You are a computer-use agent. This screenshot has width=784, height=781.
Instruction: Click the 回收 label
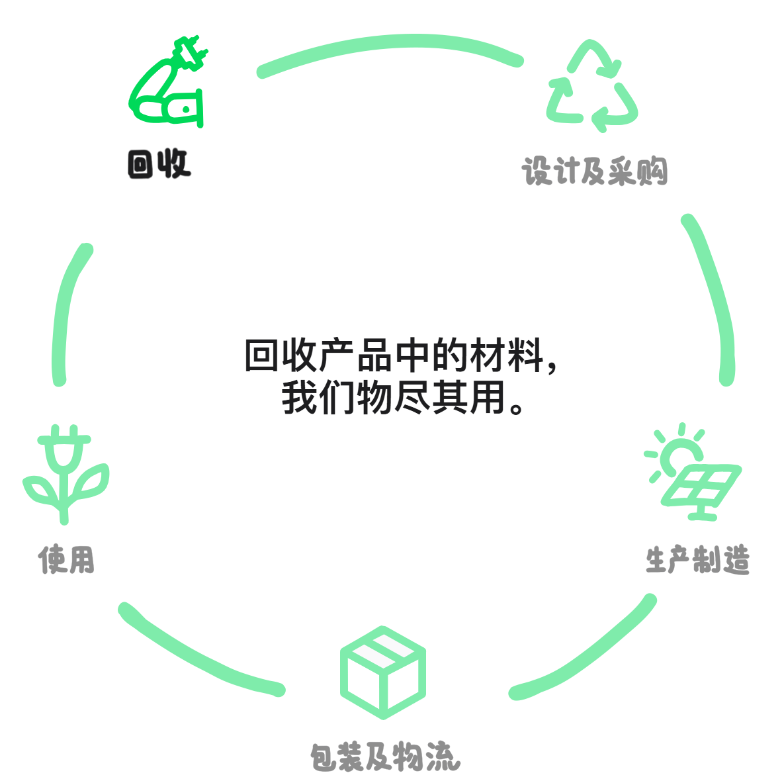click(159, 163)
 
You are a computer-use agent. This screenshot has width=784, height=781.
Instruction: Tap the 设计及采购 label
click(595, 171)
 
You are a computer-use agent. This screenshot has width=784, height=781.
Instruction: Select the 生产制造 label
click(697, 559)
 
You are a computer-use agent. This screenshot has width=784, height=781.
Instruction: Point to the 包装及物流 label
click(385, 757)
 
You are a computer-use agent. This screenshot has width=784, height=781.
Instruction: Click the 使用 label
click(67, 559)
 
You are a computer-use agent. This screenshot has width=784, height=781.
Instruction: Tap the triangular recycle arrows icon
click(592, 85)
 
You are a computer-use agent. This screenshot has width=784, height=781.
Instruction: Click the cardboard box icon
click(383, 672)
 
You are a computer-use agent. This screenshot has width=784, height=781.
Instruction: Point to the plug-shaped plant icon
click(65, 475)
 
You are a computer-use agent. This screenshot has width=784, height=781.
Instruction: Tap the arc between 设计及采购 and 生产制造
click(712, 299)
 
